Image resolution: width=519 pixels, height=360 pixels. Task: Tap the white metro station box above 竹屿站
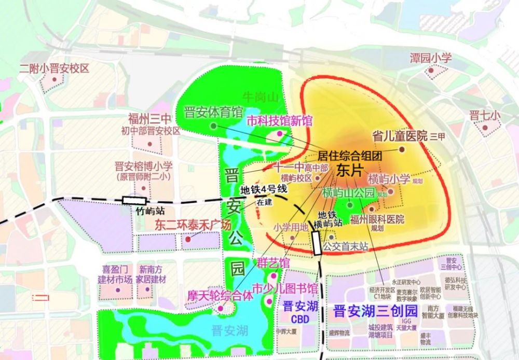pos(134,200)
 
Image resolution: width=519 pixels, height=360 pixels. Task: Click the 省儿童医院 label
pos(400,136)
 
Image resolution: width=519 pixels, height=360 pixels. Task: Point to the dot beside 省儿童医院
pos(402,149)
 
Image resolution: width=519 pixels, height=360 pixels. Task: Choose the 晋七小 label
pos(485,115)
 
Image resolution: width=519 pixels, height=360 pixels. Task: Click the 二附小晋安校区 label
pos(54,68)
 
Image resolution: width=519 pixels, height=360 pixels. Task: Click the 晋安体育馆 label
pos(213,113)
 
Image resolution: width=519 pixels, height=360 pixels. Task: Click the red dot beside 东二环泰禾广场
pos(187,240)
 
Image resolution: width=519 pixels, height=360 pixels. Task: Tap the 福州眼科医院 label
pos(377,219)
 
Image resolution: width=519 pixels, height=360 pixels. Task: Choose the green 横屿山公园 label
pos(348,192)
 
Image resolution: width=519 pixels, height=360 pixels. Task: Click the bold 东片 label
pos(348,171)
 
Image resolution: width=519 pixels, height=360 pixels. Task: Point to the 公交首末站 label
pos(345,247)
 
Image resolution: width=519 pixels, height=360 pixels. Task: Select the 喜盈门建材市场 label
pos(115,274)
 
